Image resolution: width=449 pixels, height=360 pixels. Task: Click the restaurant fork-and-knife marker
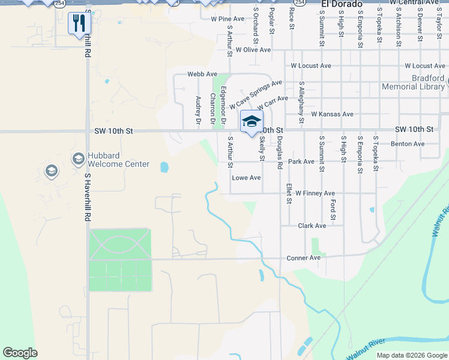78,23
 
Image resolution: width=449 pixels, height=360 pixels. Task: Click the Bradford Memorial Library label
413,83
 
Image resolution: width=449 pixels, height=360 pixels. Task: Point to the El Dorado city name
342,4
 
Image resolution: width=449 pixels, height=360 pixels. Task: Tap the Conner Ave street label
303,258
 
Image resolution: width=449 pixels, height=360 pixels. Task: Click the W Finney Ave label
315,193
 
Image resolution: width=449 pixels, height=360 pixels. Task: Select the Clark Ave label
312,226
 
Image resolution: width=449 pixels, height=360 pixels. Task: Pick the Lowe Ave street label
246,178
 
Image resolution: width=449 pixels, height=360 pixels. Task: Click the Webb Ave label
202,74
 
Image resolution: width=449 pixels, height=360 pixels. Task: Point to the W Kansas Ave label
332,114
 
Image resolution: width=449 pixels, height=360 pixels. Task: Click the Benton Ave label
408,144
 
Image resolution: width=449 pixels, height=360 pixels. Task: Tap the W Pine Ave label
228,19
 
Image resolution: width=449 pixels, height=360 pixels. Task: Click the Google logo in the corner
20,353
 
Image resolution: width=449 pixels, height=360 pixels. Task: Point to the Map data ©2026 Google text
412,355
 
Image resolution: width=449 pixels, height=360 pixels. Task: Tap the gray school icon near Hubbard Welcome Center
52,172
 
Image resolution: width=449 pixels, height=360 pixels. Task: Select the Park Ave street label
301,161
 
